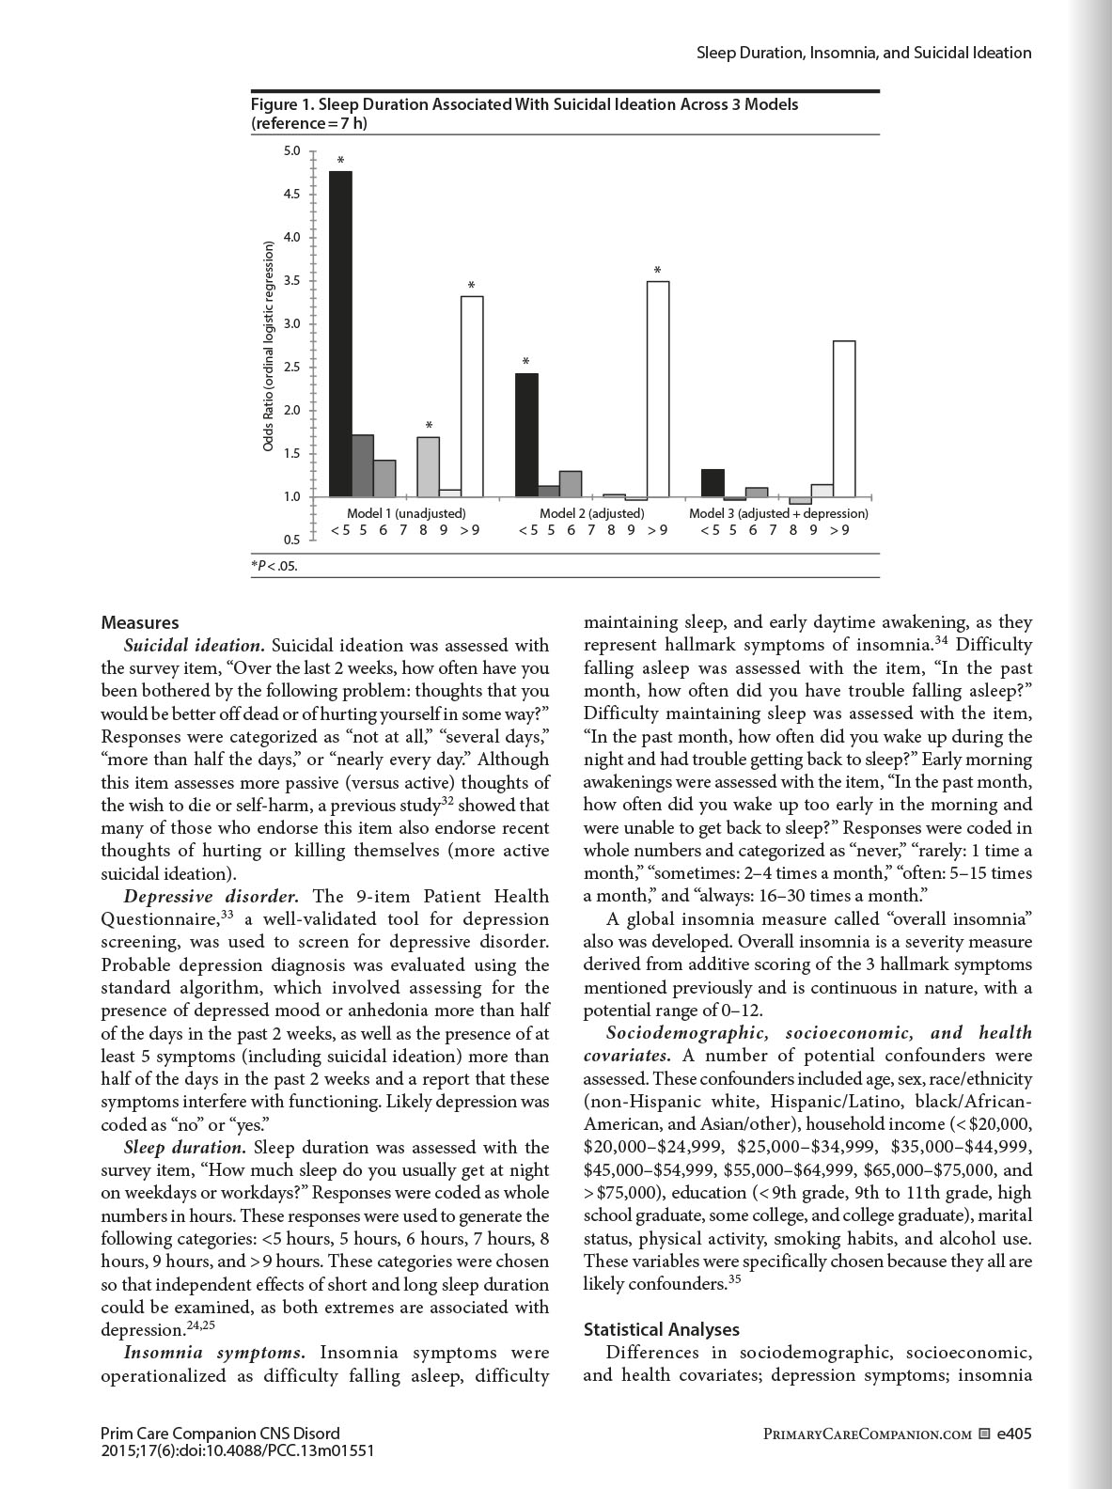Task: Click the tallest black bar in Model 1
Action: (341, 334)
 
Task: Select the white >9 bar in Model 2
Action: (658, 388)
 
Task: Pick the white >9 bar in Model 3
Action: (844, 418)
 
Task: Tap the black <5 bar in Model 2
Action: (527, 434)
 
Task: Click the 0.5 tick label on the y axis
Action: (292, 540)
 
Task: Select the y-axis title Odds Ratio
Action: (268, 346)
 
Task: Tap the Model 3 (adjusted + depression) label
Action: (778, 513)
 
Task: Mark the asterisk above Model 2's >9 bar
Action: (658, 271)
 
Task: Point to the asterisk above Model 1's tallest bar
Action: (341, 162)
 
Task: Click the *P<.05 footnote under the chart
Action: (274, 566)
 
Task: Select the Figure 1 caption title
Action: (525, 113)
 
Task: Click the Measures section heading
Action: (139, 622)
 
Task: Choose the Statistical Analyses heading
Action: (661, 1329)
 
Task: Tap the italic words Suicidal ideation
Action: (195, 646)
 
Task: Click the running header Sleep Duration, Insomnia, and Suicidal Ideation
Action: (863, 53)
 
